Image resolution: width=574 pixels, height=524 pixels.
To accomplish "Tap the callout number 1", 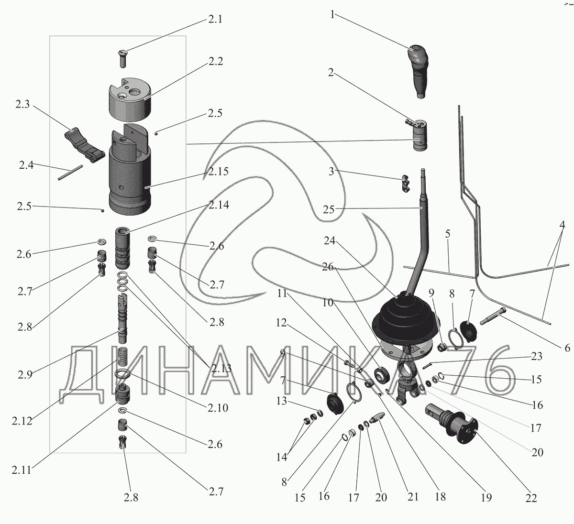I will pyautogui.click(x=331, y=15).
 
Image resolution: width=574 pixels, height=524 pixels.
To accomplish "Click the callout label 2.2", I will pyautogui.click(x=216, y=61).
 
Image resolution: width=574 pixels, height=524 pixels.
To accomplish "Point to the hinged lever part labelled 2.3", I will pyautogui.click(x=83, y=143).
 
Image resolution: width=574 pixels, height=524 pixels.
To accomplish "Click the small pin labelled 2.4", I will pyautogui.click(x=70, y=173).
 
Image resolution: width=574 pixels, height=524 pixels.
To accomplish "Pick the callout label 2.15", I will pyautogui.click(x=218, y=171).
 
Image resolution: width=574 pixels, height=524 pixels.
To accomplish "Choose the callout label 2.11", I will pyautogui.click(x=21, y=470).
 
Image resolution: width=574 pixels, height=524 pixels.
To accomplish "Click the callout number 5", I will pyautogui.click(x=447, y=234).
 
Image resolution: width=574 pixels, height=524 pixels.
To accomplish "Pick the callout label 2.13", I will pyautogui.click(x=220, y=368).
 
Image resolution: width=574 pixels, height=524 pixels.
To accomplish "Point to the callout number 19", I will pyautogui.click(x=486, y=498).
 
